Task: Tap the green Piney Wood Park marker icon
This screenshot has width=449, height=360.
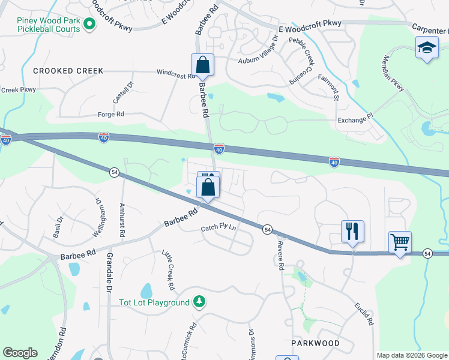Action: tap(89, 25)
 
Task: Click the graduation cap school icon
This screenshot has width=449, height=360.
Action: tap(426, 48)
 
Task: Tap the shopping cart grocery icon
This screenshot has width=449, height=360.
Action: tap(400, 242)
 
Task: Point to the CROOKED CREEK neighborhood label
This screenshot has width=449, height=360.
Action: tap(68, 71)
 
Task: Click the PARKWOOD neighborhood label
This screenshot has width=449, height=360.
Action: tap(315, 343)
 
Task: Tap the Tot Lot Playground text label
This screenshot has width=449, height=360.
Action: tap(154, 302)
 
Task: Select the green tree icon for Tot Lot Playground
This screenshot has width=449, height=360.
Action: tap(199, 302)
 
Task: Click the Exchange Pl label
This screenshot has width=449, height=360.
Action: tap(355, 120)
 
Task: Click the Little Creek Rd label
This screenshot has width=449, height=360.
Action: tap(168, 268)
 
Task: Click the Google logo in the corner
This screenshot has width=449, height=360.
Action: tap(20, 353)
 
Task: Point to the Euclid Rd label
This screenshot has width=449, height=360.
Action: tap(364, 313)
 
